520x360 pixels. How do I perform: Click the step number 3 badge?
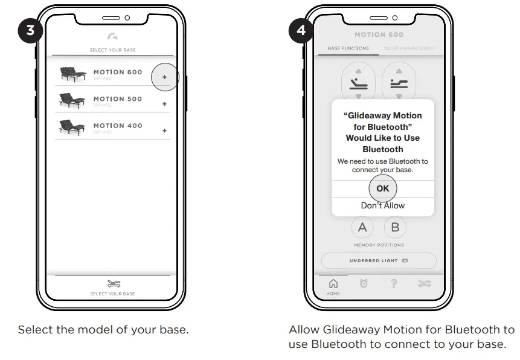29,30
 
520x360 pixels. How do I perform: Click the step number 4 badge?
300,30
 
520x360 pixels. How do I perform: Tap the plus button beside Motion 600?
164,77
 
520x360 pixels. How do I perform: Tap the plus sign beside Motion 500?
164,104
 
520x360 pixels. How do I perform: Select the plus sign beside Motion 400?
164,130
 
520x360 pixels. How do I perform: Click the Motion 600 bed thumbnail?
73,74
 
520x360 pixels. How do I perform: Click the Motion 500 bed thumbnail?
73,101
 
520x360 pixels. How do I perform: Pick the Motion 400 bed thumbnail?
73,127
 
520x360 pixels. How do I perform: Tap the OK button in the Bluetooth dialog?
383,188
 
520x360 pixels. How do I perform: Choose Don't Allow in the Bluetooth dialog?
383,205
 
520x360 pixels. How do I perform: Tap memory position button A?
362,228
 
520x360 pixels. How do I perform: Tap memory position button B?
396,228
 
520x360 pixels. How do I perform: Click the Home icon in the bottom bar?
333,283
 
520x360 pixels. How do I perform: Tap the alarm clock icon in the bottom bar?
364,283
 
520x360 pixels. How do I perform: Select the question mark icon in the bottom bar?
394,283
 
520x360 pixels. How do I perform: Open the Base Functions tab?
348,48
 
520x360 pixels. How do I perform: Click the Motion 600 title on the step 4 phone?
379,35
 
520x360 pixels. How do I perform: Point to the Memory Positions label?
379,245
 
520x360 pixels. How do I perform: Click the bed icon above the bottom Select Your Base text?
112,283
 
